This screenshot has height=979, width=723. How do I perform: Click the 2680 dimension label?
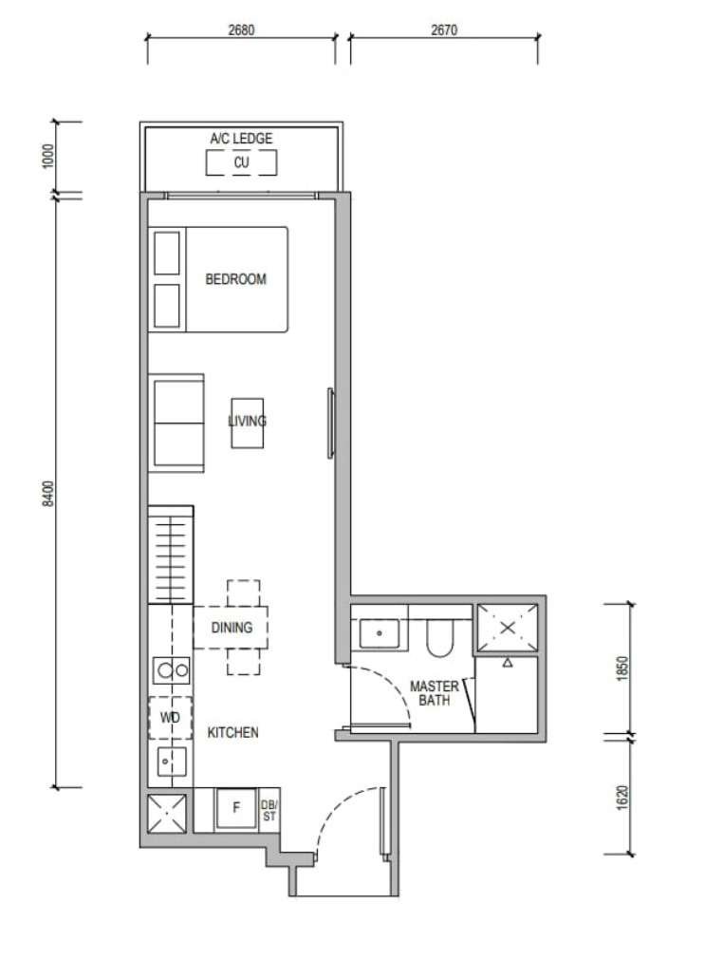[241, 29]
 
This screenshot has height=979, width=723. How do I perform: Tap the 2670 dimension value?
[443, 29]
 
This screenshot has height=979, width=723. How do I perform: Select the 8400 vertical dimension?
[48, 493]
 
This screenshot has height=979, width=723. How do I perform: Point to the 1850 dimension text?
[621, 668]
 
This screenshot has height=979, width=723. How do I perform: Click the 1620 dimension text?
[621, 798]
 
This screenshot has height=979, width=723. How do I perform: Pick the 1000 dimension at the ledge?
[48, 156]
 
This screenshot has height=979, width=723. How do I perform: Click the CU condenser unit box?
[241, 162]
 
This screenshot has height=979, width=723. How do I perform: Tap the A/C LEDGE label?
[241, 138]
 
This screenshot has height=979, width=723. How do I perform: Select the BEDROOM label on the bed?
[236, 278]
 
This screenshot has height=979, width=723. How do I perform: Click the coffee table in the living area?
[247, 423]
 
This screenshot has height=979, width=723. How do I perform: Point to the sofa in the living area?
[176, 423]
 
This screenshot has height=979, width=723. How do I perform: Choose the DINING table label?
[232, 627]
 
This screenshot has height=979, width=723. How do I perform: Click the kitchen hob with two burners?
[172, 670]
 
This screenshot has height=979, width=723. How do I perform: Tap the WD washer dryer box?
[170, 717]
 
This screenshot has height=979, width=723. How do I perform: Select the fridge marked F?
[236, 808]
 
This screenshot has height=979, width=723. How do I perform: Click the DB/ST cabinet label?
[269, 810]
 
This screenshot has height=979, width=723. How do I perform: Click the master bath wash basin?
[380, 633]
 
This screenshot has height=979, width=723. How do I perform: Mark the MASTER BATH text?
[435, 693]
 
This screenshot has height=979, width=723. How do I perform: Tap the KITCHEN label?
[232, 732]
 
